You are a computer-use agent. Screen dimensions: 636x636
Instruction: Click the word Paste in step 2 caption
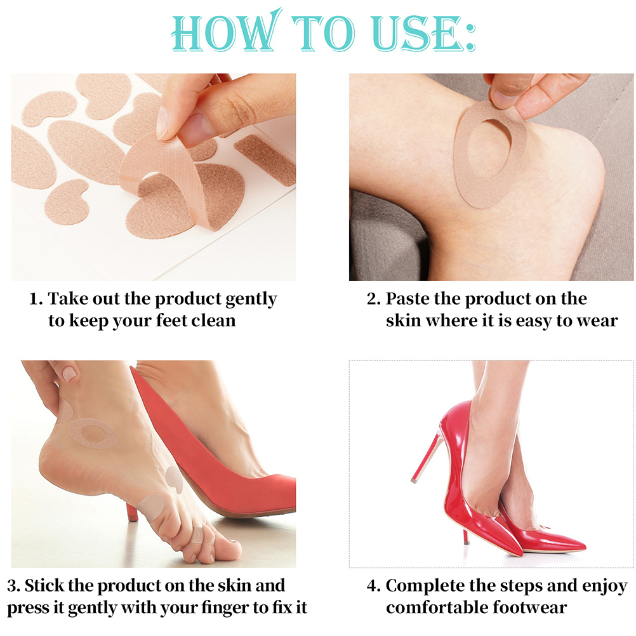(407, 299)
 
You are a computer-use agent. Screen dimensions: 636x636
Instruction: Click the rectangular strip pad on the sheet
(265, 159)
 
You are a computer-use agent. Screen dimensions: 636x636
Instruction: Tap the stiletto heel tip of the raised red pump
(414, 480)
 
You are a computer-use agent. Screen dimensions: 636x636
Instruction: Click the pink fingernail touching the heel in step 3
(69, 374)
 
